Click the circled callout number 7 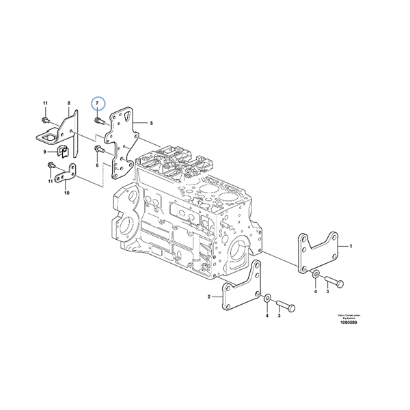(x=99, y=102)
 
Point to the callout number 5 (x=151, y=124)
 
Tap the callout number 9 (x=45, y=152)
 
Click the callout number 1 (x=351, y=245)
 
